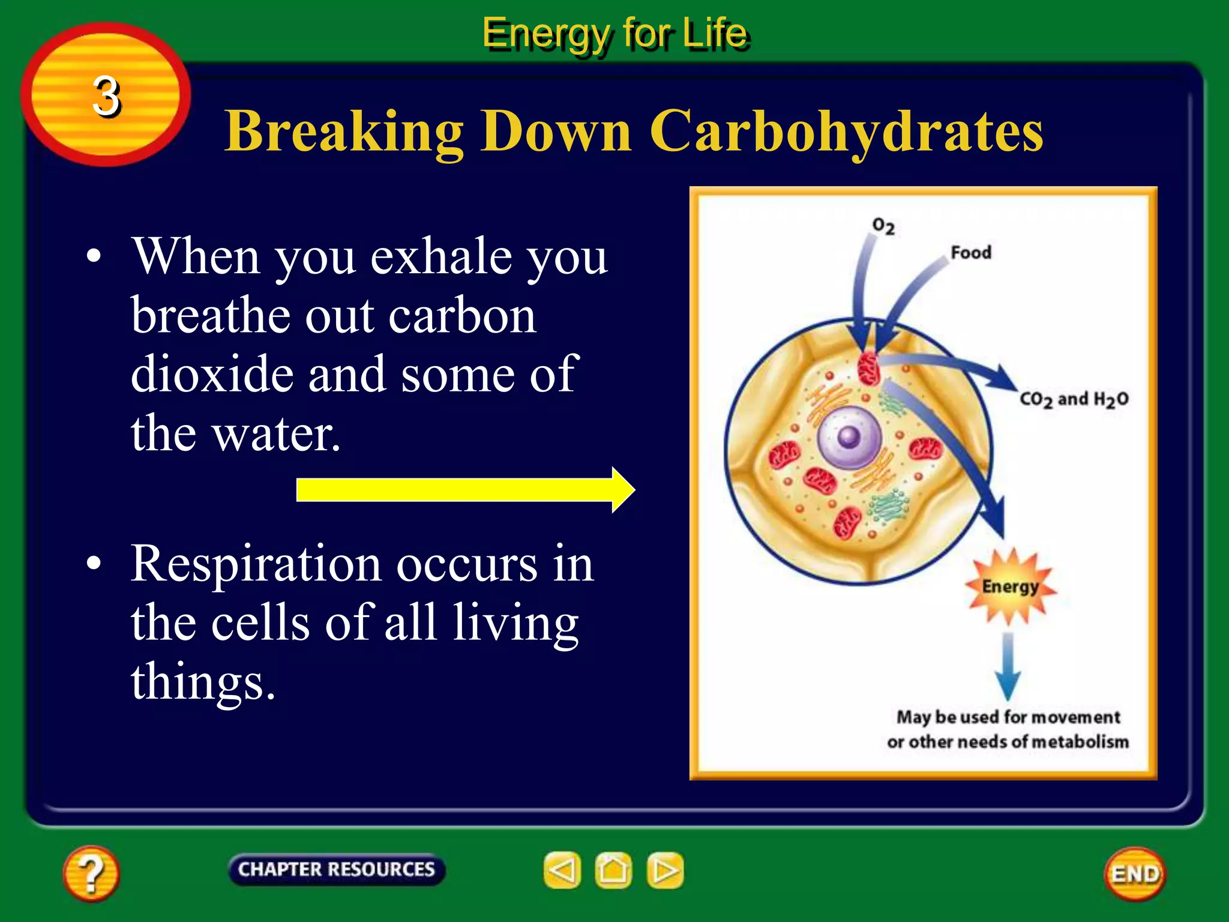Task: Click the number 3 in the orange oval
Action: click(x=106, y=96)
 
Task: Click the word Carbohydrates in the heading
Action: click(x=846, y=131)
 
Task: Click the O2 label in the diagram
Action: click(x=883, y=226)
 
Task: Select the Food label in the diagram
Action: click(x=970, y=253)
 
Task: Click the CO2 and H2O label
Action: click(x=1074, y=399)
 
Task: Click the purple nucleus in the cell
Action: click(x=849, y=436)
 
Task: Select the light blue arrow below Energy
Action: click(x=1008, y=666)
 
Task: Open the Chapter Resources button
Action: click(x=336, y=869)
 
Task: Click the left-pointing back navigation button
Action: click(x=562, y=870)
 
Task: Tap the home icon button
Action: click(x=613, y=870)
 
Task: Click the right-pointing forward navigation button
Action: click(x=665, y=870)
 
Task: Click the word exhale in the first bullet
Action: click(x=441, y=256)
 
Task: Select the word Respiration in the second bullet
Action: click(x=256, y=564)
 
